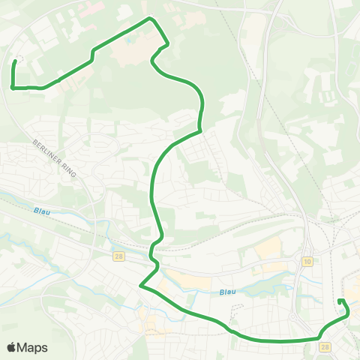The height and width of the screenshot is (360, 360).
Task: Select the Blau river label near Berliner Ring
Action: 41,211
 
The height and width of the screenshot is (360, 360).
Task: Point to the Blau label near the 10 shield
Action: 228,292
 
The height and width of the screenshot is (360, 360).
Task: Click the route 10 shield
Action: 307,261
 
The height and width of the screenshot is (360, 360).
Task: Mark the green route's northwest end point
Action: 16,61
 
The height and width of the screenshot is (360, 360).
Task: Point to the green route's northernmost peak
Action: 151,18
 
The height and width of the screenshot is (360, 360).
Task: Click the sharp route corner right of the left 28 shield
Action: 140,285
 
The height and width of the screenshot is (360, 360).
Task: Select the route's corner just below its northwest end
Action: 13,88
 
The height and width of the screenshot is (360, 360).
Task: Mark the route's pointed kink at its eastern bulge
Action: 200,131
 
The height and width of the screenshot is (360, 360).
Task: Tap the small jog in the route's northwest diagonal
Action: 91,53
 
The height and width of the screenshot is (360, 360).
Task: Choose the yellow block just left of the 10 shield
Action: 270,248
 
